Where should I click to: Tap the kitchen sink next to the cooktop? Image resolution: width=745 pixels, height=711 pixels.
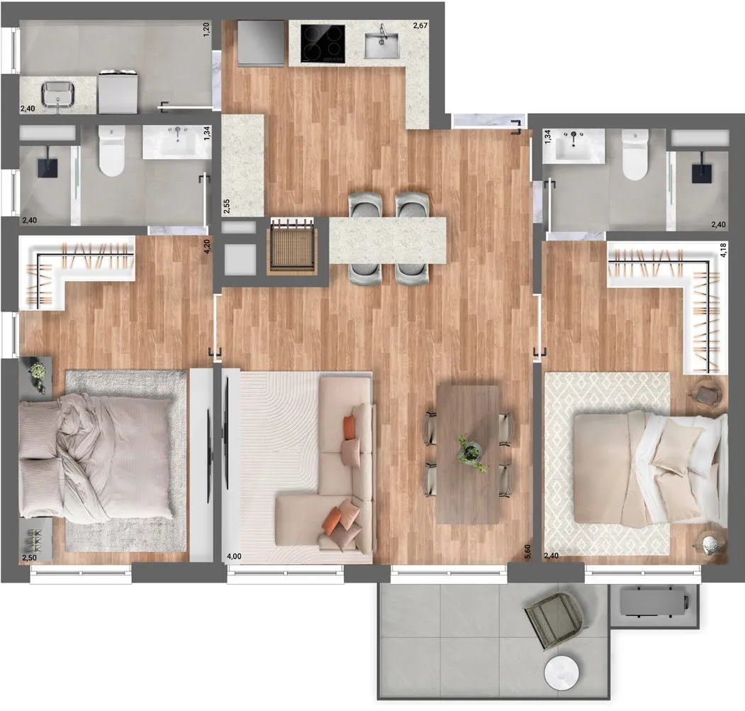pyautogui.click(x=382, y=45)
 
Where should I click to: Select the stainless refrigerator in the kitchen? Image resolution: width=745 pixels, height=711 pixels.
pyautogui.click(x=262, y=43)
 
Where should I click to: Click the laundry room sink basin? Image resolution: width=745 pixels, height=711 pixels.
pyautogui.click(x=57, y=94)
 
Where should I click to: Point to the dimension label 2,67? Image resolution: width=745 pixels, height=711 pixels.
pyautogui.click(x=420, y=26)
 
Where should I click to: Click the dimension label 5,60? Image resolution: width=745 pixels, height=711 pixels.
pyautogui.click(x=527, y=552)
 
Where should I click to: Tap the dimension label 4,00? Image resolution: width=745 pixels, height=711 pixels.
pyautogui.click(x=234, y=556)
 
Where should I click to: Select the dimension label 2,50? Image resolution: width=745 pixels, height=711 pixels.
pyautogui.click(x=29, y=557)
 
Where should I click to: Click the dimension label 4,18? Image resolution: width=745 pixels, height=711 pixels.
pyautogui.click(x=723, y=250)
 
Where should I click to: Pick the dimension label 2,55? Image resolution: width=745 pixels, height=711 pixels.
pyautogui.click(x=227, y=206)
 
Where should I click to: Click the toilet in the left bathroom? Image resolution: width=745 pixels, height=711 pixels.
pyautogui.click(x=112, y=150)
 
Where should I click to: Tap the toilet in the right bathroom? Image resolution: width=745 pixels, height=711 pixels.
pyautogui.click(x=634, y=155)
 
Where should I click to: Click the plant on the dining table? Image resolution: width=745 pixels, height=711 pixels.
pyautogui.click(x=471, y=452)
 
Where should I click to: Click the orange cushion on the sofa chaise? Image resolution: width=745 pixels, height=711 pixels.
pyautogui.click(x=333, y=522)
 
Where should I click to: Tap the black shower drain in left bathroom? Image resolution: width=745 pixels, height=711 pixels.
pyautogui.click(x=48, y=161)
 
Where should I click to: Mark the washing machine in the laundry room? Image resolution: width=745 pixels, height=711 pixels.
pyautogui.click(x=118, y=92)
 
